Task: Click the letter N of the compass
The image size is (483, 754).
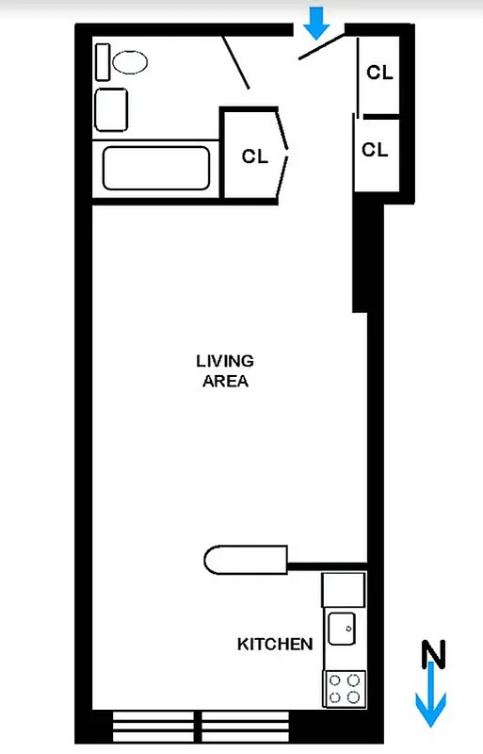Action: (x=432, y=650)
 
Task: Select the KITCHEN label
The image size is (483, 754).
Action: (x=275, y=645)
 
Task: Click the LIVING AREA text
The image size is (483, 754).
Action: (x=225, y=371)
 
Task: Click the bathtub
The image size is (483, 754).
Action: (x=155, y=168)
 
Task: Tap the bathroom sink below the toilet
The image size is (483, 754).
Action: (x=112, y=109)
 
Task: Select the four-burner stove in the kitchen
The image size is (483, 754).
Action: (x=344, y=688)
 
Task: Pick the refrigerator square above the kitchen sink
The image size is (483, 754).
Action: (x=343, y=589)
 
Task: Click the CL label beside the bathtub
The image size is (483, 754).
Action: (x=254, y=156)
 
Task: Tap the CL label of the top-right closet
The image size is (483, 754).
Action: (x=379, y=72)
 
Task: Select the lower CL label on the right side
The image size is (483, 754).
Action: (x=375, y=149)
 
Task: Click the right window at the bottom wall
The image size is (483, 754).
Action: (x=248, y=726)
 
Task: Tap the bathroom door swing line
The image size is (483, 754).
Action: (x=235, y=61)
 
